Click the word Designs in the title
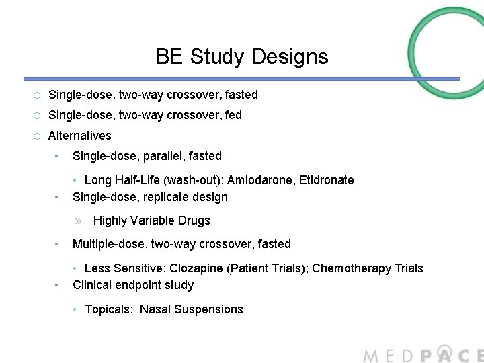point(290,57)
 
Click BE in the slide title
point(170,56)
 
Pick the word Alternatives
point(79,135)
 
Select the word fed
point(232,115)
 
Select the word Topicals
point(109,309)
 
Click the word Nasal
point(155,309)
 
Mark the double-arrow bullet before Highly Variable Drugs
point(78,220)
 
